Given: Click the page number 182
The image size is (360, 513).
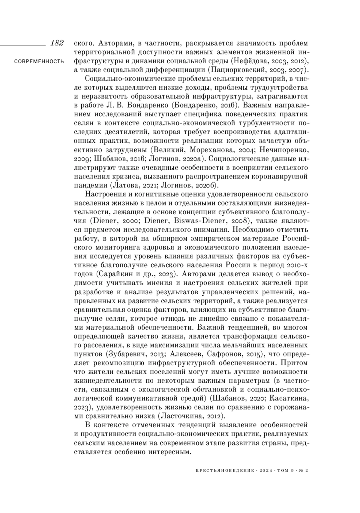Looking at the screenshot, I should coord(57,43).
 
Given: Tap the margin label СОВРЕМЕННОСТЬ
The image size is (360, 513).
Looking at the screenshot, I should coord(39,62).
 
